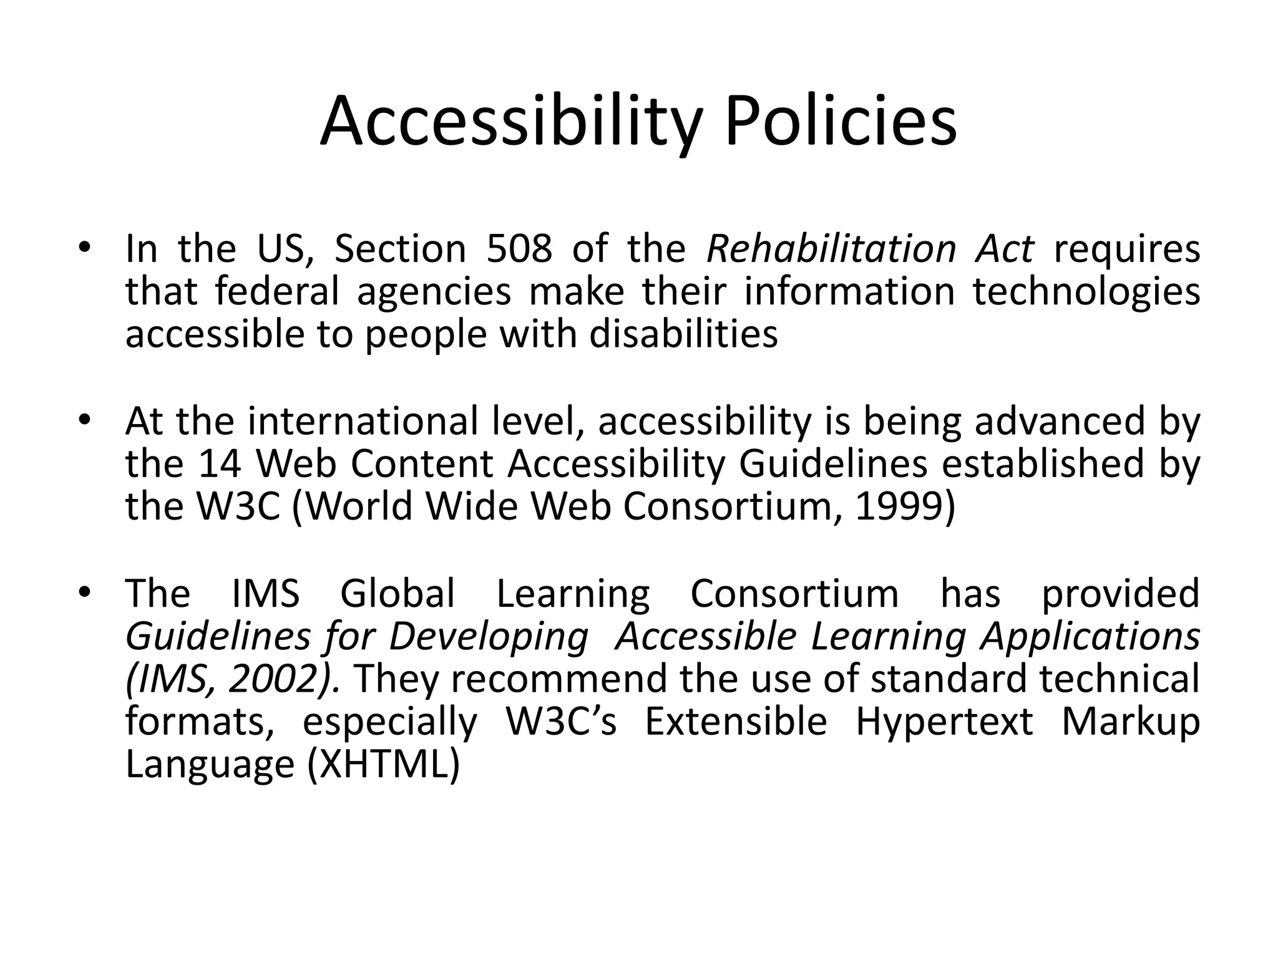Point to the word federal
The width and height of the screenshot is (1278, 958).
(277, 292)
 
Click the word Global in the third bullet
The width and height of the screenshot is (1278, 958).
(398, 593)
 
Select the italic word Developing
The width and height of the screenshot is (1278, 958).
(489, 637)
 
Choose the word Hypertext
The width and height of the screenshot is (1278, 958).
(944, 722)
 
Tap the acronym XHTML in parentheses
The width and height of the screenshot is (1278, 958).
(383, 764)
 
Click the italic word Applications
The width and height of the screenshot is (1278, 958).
(1090, 637)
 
